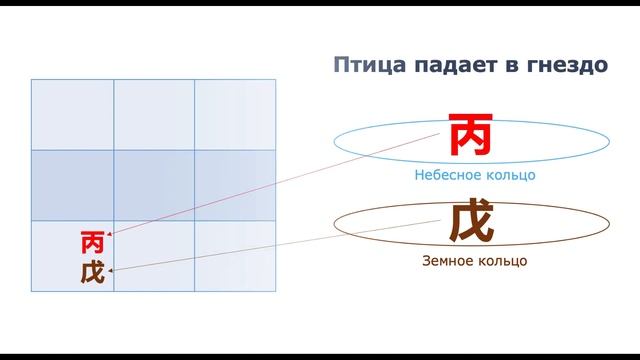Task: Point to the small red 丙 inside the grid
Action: coord(92,242)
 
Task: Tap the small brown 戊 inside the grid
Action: coord(92,271)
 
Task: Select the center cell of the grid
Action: coord(154,185)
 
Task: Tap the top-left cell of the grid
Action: coord(72,114)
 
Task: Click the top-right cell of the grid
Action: coord(235,114)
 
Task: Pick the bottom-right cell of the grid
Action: coord(235,257)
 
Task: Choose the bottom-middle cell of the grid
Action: coord(154,257)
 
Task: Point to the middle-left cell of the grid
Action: coord(72,185)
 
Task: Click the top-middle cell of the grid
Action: coord(154,114)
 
